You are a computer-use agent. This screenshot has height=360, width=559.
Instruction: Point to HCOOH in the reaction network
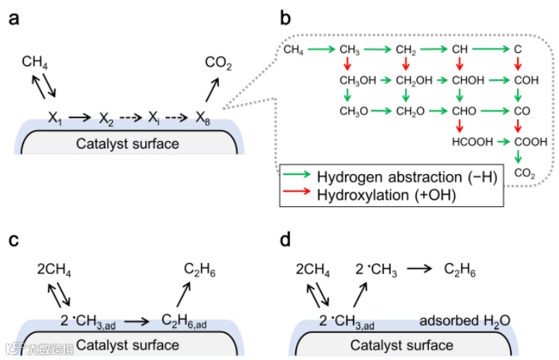(x=468, y=140)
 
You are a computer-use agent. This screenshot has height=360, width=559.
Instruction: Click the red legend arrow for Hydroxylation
(x=297, y=195)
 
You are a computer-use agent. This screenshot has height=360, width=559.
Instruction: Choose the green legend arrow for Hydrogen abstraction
(x=297, y=177)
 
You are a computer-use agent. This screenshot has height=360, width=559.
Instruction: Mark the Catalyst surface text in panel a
(x=127, y=143)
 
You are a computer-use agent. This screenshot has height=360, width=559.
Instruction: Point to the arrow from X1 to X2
(x=81, y=117)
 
